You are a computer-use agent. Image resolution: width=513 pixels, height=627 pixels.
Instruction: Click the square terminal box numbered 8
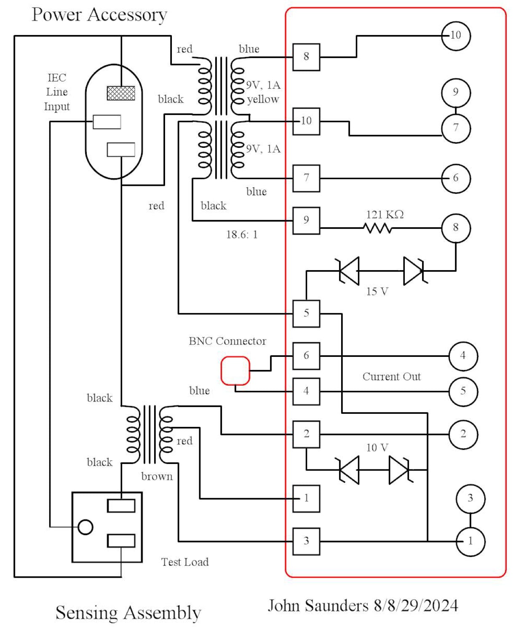coord(306,57)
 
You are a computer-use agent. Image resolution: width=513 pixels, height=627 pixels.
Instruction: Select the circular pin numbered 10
coord(456,36)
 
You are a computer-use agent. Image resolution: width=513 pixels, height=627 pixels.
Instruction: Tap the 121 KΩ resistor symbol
coord(377,228)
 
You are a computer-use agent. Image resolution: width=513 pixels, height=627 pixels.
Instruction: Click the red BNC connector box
coord(235,371)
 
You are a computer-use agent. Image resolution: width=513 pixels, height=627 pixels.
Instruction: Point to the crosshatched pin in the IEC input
coord(121,93)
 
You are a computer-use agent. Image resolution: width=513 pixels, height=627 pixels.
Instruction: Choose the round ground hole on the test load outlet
coord(85,527)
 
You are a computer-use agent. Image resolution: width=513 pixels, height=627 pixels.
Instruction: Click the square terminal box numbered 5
coord(306,313)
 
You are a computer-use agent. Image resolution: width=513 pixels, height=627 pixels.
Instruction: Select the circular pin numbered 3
coord(470,498)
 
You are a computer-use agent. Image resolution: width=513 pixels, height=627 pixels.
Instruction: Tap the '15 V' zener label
coord(377,292)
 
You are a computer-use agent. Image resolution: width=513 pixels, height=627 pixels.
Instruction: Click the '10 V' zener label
coord(377,447)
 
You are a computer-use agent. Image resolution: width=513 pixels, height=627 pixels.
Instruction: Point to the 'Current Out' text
coord(391,377)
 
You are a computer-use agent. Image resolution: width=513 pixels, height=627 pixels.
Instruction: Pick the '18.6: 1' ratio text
coord(242,235)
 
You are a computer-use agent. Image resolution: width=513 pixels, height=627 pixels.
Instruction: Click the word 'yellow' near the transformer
coord(263,99)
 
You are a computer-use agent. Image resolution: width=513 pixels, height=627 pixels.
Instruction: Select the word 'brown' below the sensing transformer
coord(157,477)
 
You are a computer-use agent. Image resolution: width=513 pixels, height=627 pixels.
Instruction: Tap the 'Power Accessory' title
coord(99,15)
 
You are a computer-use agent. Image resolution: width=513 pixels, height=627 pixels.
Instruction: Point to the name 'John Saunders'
coord(318,606)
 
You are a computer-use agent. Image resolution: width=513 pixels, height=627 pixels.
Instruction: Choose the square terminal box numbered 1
coord(306,498)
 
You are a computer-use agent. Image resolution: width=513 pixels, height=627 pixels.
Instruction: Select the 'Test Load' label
coord(185,562)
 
